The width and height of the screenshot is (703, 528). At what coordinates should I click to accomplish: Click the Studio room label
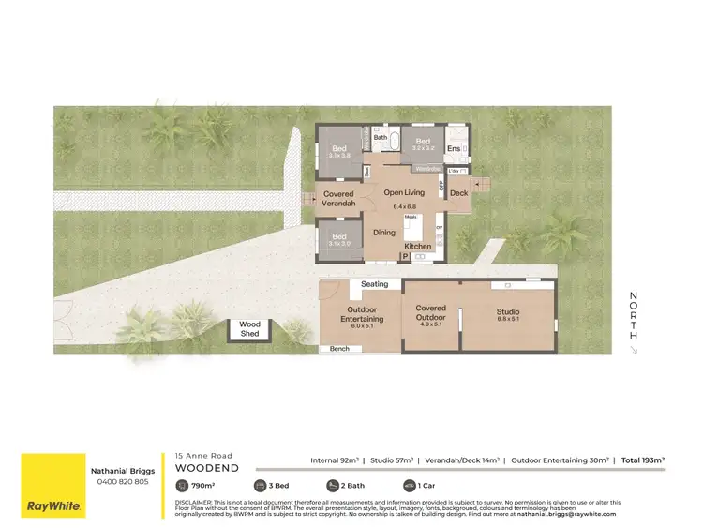(x=508, y=312)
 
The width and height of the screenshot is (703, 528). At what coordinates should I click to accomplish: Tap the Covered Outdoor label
(x=431, y=312)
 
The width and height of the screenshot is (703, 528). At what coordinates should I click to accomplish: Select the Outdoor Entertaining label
(x=361, y=315)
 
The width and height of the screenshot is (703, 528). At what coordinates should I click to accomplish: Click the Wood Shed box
(x=249, y=329)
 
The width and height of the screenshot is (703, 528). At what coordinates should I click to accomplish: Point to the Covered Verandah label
(x=338, y=199)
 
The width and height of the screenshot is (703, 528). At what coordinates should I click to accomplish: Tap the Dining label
(x=384, y=232)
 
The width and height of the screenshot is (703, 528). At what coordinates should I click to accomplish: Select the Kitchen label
(x=418, y=246)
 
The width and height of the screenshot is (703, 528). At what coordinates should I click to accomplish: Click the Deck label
(x=458, y=193)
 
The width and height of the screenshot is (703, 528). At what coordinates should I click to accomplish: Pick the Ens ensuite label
(x=454, y=149)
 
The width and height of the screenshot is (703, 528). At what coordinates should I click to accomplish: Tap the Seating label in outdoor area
(x=374, y=284)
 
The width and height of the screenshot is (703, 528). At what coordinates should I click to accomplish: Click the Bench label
(x=339, y=348)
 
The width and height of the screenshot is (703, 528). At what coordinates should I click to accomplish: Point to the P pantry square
(x=405, y=255)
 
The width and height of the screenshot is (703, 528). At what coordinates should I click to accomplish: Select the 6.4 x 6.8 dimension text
(x=404, y=206)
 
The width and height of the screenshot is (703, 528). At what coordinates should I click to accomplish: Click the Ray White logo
(x=53, y=485)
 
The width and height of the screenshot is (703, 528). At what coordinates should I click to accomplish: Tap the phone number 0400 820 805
(x=123, y=482)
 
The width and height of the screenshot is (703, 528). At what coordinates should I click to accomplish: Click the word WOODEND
(x=207, y=467)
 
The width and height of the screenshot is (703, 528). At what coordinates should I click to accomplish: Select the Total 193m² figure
(x=643, y=460)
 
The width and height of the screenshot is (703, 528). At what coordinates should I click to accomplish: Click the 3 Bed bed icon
(x=261, y=486)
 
